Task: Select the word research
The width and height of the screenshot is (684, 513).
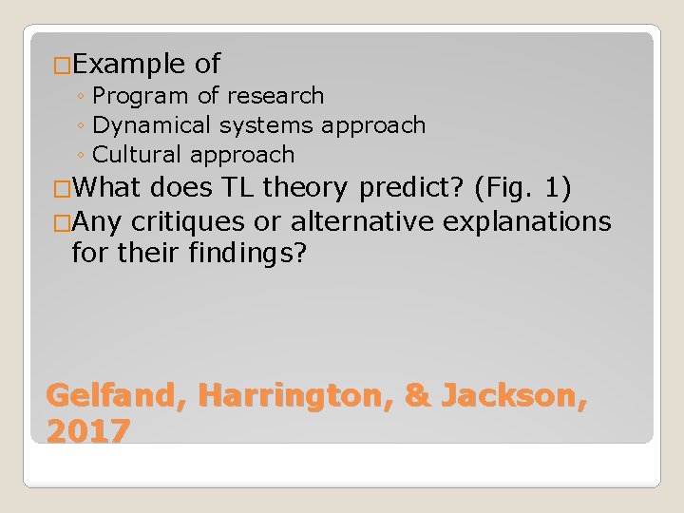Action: pyautogui.click(x=277, y=96)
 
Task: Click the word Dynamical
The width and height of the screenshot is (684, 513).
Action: pyautogui.click(x=148, y=124)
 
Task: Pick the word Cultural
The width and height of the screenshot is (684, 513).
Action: pyautogui.click(x=137, y=154)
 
